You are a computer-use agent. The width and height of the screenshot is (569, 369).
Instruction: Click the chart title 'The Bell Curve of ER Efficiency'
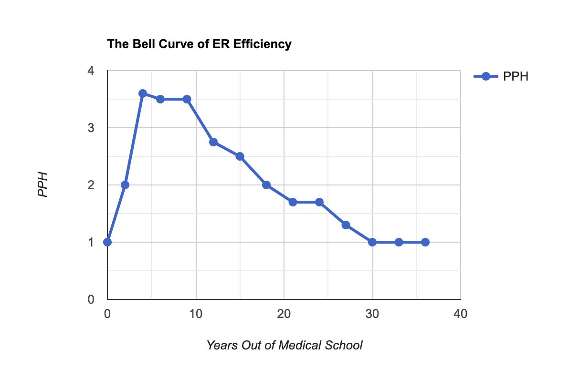coord(199,44)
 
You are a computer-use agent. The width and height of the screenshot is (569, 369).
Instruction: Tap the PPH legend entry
coord(501,76)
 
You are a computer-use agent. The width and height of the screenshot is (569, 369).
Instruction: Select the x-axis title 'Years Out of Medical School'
coord(284,345)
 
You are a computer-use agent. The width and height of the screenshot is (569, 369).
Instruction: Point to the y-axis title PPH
coord(43,185)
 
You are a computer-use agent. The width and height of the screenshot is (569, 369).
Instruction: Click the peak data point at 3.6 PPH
coord(143,93)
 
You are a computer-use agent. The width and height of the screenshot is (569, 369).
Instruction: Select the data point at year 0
coord(107,242)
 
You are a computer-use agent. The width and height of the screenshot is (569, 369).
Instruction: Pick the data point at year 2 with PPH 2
coord(125,185)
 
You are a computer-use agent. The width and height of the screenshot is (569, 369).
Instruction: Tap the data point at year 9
coord(187,99)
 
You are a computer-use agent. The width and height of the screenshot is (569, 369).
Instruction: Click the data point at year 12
coord(213,142)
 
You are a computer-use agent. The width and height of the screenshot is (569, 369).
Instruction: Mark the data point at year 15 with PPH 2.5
coord(240,156)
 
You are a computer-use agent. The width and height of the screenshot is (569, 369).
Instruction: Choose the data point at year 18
coord(266,185)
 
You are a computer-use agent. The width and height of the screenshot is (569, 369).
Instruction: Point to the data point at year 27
coord(346,225)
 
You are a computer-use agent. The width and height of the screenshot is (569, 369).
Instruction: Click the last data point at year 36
coord(425,242)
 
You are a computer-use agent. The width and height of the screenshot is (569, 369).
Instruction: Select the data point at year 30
coord(372,242)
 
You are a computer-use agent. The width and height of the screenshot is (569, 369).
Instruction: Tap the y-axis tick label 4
coord(91,71)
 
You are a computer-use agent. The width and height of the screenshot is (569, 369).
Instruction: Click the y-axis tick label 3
coord(91,128)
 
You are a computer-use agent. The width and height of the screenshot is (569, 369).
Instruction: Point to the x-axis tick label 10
coord(195,314)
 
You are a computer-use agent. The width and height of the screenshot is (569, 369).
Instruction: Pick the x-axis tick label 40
coord(460,314)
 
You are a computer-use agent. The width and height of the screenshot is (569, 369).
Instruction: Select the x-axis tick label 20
coord(284,314)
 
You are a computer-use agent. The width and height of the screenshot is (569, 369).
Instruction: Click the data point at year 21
coord(293,202)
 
